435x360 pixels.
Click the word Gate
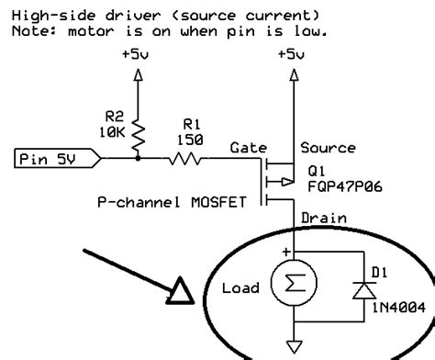coord(248,147)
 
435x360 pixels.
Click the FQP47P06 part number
coord(344,183)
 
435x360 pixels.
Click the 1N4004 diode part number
coord(392,308)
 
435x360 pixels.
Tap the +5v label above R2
coord(138,55)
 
